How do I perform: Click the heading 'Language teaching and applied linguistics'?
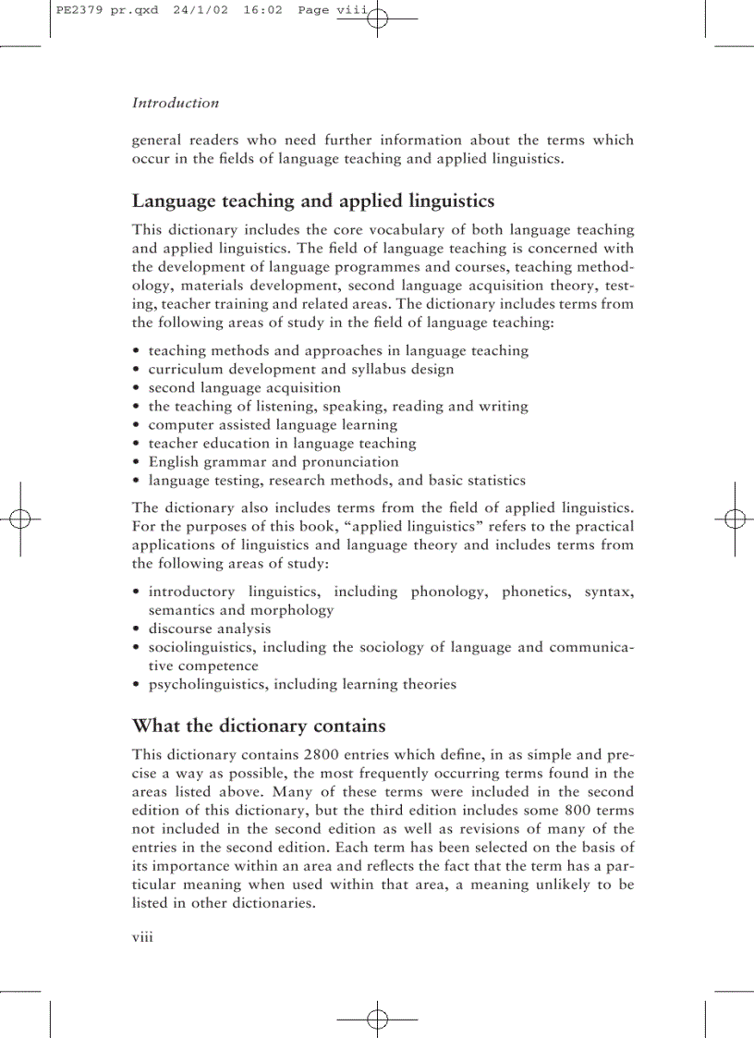pyautogui.click(x=313, y=201)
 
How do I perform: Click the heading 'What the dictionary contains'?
pyautogui.click(x=259, y=725)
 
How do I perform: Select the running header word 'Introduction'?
pyautogui.click(x=176, y=104)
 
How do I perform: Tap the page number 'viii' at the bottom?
pyautogui.click(x=141, y=936)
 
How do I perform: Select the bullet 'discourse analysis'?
pyautogui.click(x=210, y=629)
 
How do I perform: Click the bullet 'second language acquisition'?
pyautogui.click(x=244, y=388)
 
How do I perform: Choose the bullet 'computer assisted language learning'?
pyautogui.click(x=273, y=425)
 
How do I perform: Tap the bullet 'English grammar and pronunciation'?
pyautogui.click(x=274, y=462)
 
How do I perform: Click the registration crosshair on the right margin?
pyautogui.click(x=735, y=519)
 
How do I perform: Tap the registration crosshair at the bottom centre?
pyautogui.click(x=377, y=1020)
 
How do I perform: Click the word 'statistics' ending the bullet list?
pyautogui.click(x=493, y=481)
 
